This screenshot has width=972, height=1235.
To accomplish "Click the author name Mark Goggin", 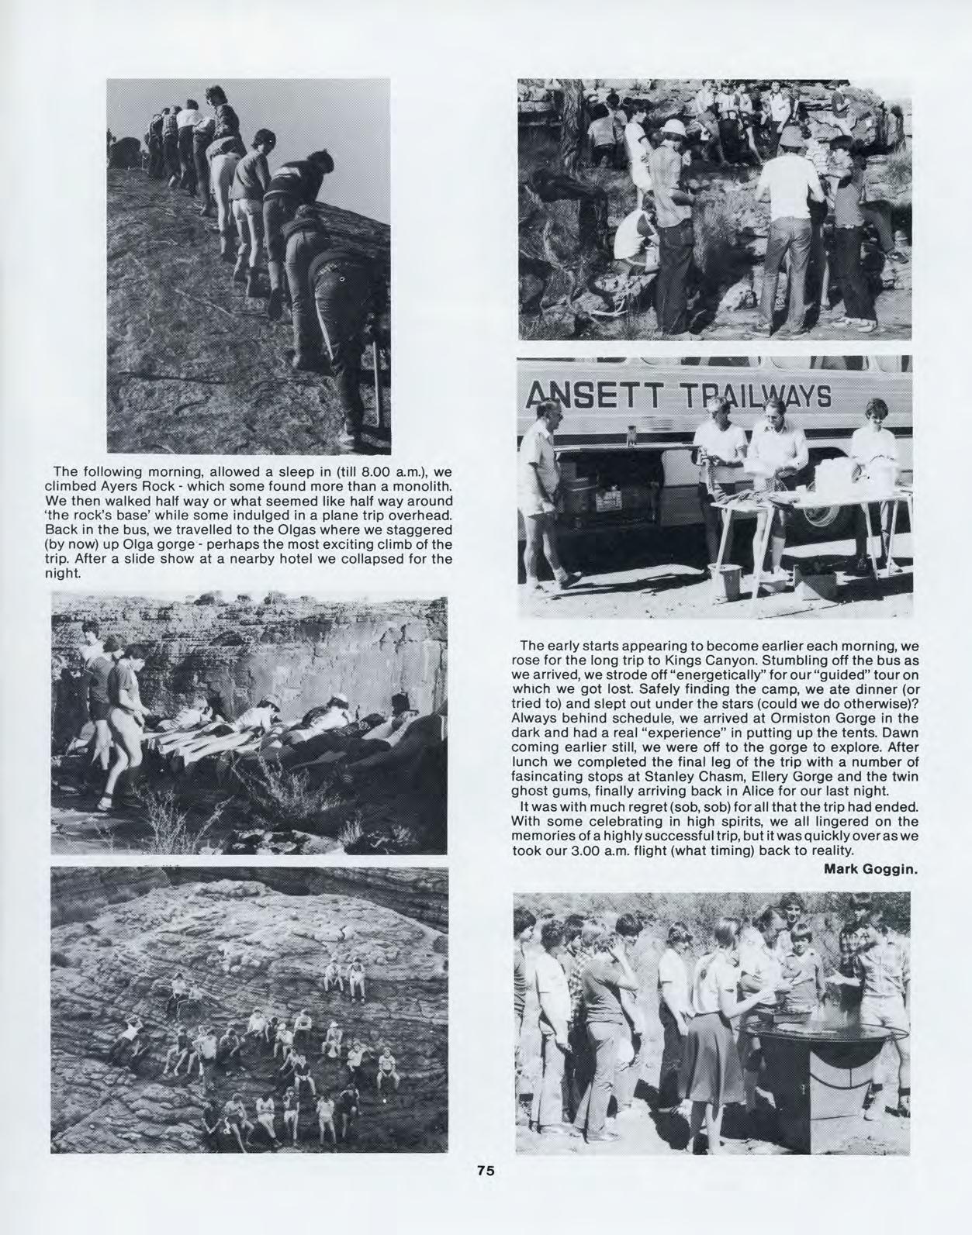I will [x=870, y=868].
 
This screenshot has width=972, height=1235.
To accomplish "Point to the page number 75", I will [x=486, y=1171].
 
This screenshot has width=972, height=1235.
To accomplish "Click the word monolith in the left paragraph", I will [x=423, y=486].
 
